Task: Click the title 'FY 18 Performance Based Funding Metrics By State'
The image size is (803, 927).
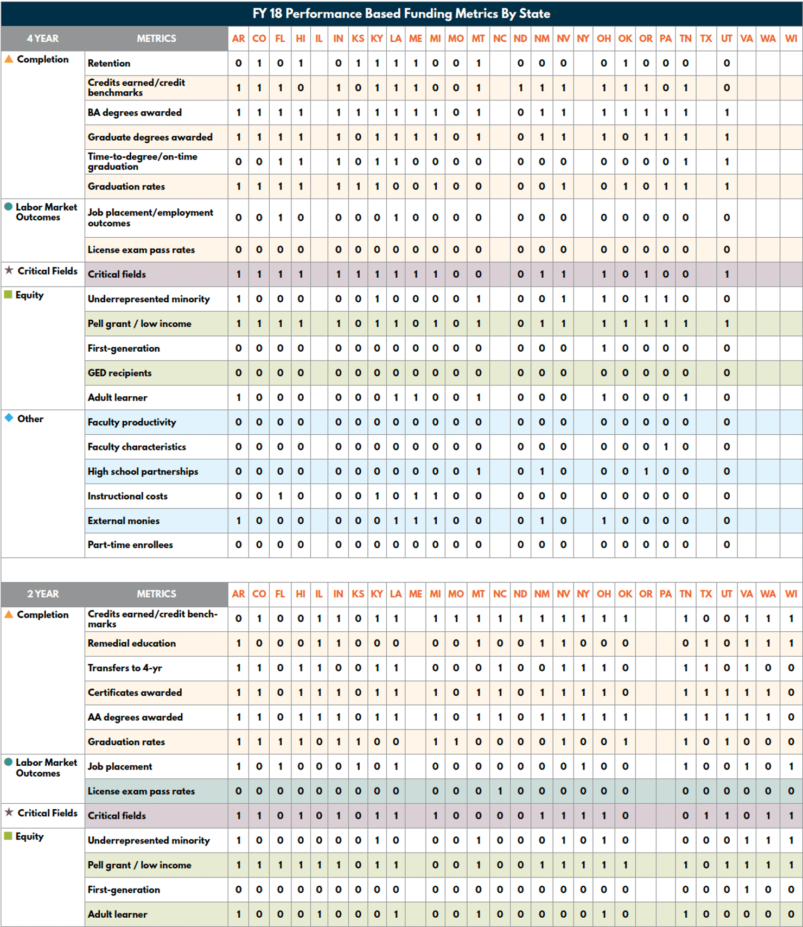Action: (x=401, y=14)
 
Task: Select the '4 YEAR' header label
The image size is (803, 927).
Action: (x=43, y=39)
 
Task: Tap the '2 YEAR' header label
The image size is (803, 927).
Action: (x=43, y=594)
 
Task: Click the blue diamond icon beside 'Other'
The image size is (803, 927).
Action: (x=9, y=418)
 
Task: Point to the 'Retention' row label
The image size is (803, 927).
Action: (x=109, y=63)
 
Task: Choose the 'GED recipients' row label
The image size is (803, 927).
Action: (x=119, y=373)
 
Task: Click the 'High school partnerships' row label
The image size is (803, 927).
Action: (x=143, y=471)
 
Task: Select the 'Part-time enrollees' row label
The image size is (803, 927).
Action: (x=130, y=544)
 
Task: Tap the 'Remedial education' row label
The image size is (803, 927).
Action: (x=132, y=643)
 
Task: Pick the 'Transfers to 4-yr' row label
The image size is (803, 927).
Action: (x=125, y=668)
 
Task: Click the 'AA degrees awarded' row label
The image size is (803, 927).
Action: (x=135, y=717)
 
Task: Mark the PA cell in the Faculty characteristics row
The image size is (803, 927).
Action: (x=666, y=447)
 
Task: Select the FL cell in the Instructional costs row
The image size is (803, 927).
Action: (x=280, y=496)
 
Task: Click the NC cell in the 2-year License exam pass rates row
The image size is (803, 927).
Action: (x=500, y=791)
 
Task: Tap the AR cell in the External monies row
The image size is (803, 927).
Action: (x=238, y=520)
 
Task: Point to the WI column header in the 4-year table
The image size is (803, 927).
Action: (x=791, y=39)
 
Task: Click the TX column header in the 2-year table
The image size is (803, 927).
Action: (x=706, y=594)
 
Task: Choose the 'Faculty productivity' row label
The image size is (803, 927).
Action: (x=132, y=422)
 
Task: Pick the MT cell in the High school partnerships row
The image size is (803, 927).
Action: (x=478, y=471)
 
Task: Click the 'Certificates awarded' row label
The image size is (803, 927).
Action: (x=135, y=693)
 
